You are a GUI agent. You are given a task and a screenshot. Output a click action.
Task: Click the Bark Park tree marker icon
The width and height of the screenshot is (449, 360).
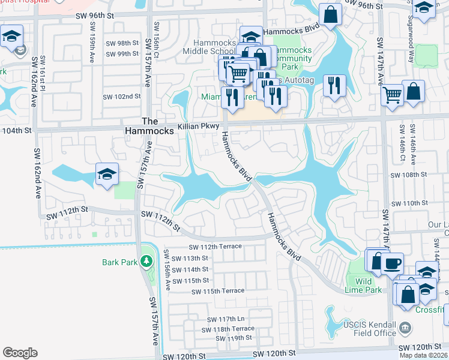pos(145,262)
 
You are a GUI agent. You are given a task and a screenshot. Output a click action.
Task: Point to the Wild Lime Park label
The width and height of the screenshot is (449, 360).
pos(364,285)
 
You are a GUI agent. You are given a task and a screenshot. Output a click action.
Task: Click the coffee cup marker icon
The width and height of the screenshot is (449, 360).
pos(392,263)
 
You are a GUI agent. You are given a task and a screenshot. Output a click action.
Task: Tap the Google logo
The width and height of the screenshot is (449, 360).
pos(20,353)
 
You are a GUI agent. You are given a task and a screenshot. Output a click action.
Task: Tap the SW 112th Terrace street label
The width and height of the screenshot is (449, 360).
pos(215,247)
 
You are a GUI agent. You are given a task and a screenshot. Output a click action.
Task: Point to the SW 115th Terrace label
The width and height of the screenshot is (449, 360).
pos(218,291)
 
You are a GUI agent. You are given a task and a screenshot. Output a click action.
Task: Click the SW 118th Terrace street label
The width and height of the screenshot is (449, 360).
pos(228,329)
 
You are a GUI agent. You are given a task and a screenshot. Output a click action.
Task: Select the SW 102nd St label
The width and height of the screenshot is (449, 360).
pos(122,96)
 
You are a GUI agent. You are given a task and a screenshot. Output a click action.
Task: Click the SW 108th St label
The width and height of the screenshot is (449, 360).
pos(408,175)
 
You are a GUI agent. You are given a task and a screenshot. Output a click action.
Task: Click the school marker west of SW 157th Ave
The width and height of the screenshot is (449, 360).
pos(107,175)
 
